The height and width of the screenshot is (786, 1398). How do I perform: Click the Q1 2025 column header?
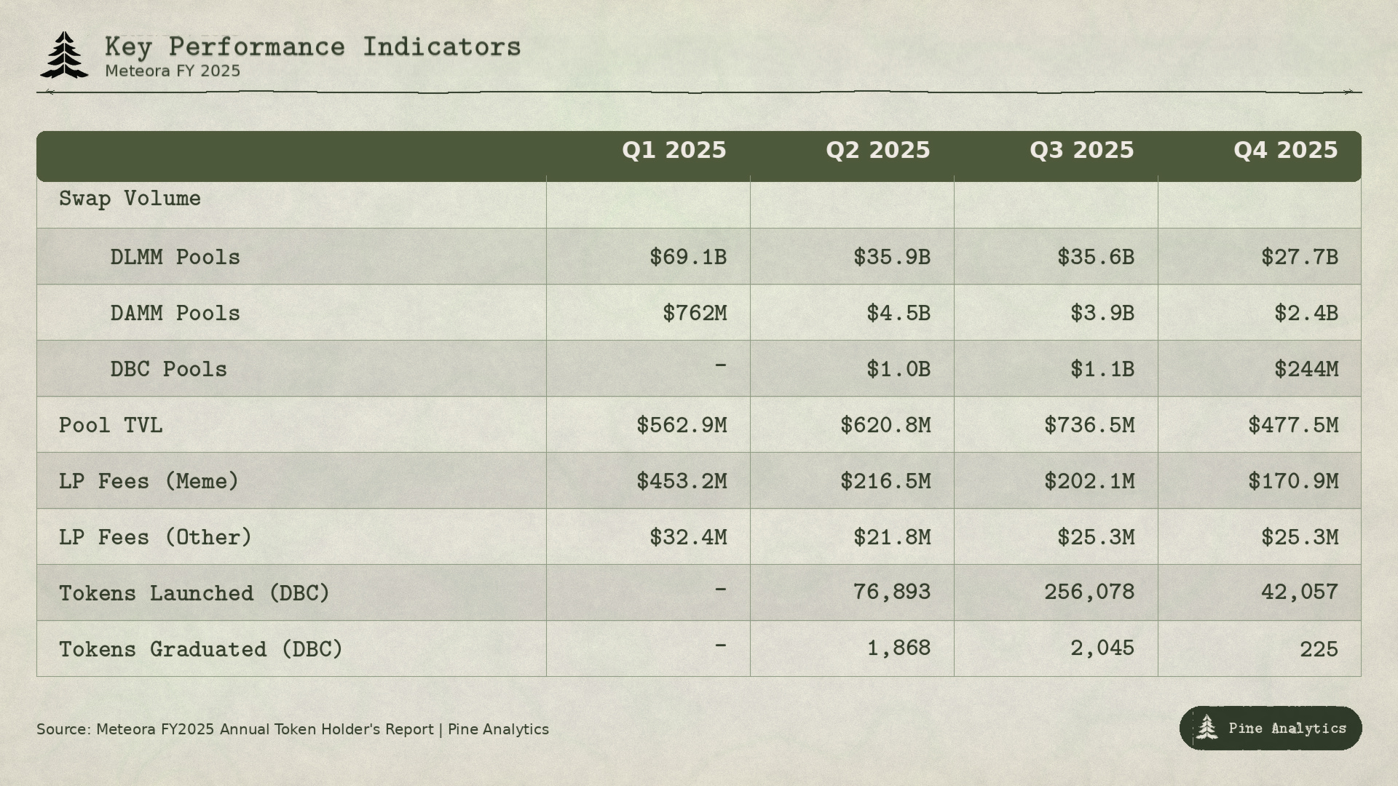674,151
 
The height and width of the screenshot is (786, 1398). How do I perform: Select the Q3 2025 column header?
1081,151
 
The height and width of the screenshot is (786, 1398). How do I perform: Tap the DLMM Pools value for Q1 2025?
688,257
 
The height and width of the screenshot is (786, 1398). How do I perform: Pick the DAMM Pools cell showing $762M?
695,313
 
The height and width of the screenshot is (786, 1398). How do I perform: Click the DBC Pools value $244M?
1306,369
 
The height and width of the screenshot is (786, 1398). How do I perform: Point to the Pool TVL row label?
111,425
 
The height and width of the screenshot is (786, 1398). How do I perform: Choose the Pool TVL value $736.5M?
1089,425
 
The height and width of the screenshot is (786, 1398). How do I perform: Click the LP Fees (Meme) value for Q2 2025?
885,481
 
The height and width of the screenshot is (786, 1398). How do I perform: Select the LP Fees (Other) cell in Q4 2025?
1300,537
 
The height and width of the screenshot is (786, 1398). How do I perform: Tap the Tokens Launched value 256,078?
1089,592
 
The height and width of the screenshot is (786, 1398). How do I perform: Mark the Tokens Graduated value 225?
1319,649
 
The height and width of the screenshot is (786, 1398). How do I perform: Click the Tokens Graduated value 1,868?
899,648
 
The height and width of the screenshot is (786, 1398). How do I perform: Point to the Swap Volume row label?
130,199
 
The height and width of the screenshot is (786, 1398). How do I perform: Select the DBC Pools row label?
168,369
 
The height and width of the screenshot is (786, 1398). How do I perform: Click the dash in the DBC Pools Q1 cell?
720,365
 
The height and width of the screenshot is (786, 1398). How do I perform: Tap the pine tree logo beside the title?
65,55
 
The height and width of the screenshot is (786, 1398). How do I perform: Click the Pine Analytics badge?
1271,728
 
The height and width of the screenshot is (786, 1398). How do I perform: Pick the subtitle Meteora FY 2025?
173,71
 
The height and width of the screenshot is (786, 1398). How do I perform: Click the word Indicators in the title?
442,47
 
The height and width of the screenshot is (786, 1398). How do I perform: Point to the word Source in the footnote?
63,729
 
